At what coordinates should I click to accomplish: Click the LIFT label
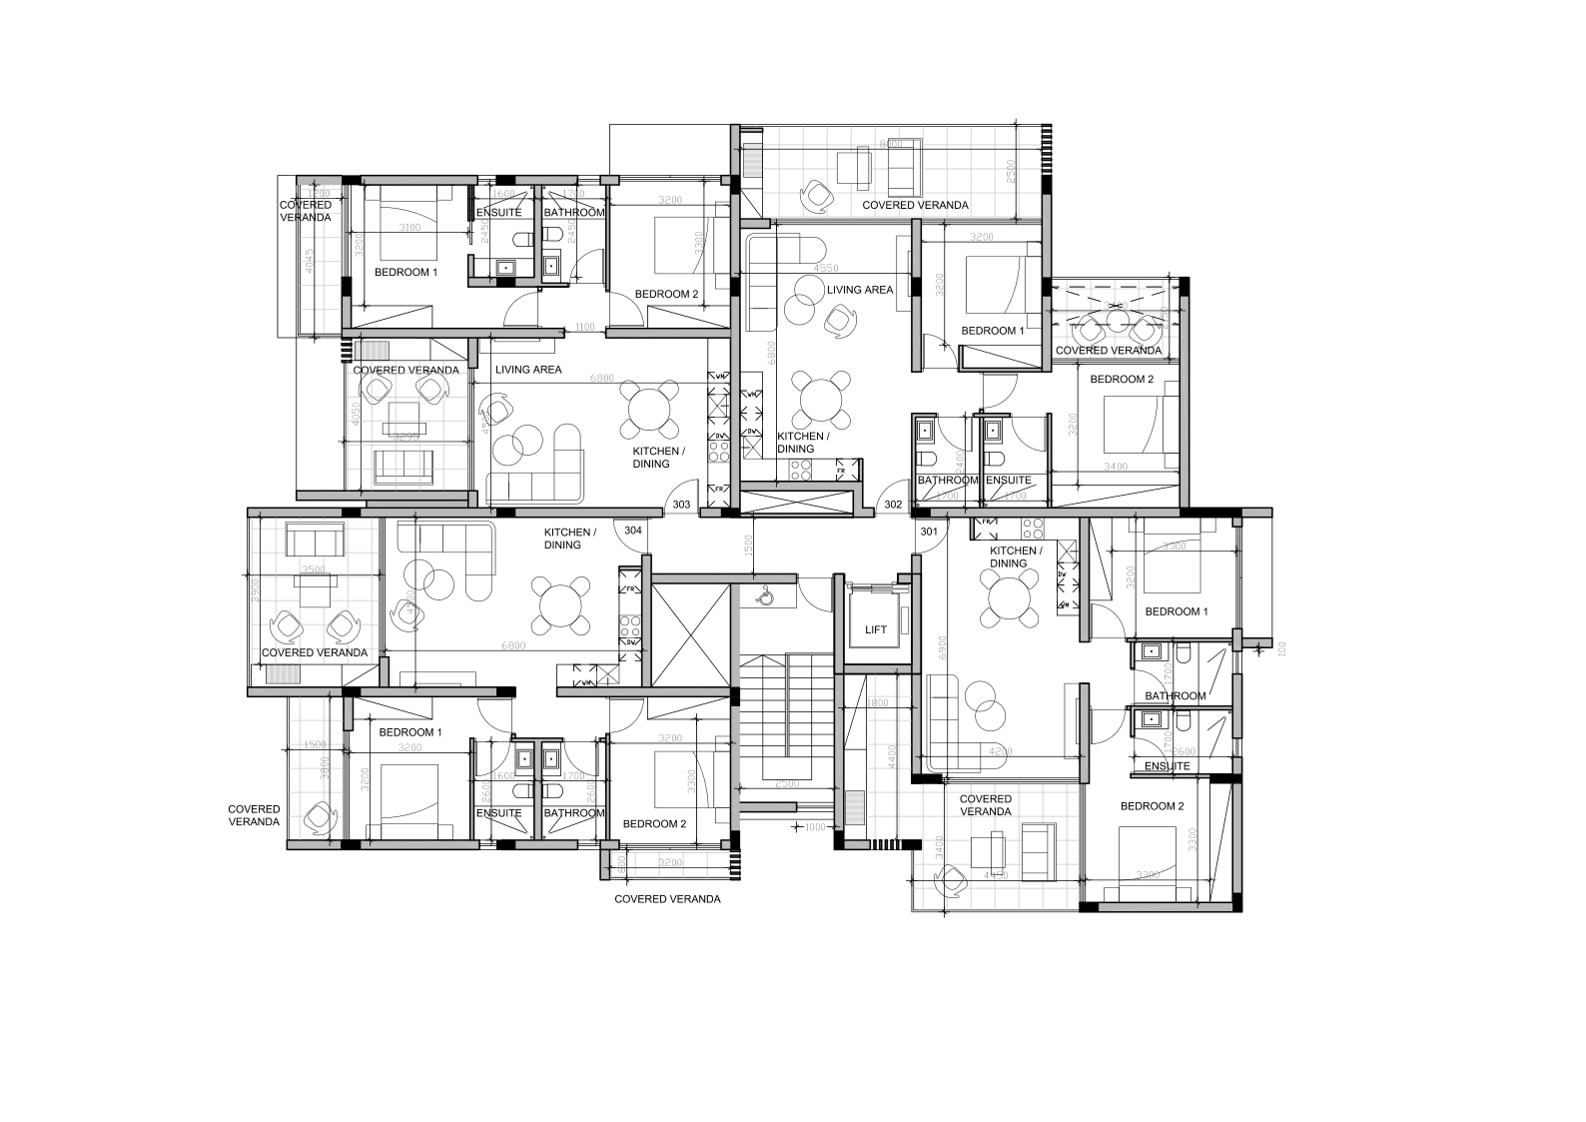coord(875,629)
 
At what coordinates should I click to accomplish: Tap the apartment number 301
coord(929,532)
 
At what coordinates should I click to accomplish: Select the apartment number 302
coord(893,505)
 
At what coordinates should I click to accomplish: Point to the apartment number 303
coord(681,505)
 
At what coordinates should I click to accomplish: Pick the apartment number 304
coord(633,531)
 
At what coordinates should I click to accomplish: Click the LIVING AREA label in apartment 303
coord(528,370)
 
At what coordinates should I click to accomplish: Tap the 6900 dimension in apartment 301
coord(940,650)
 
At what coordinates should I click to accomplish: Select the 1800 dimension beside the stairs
coord(878,703)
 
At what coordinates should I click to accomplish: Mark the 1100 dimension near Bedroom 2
coord(584,327)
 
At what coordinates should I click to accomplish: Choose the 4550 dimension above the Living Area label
coord(826,269)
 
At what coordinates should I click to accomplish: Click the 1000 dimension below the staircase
coord(816,827)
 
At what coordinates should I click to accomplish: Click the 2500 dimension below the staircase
coord(787,783)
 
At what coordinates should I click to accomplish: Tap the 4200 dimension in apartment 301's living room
coord(1001,751)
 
